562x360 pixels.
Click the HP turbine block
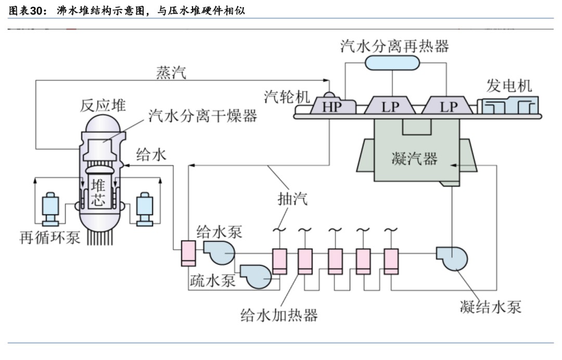[330, 107]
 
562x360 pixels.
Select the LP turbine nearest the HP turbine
[390, 107]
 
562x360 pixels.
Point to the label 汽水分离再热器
[394, 46]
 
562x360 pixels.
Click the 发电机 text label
[509, 85]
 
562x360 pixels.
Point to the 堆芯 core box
[98, 191]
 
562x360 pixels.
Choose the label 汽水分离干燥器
[203, 115]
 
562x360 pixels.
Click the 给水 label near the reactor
[151, 154]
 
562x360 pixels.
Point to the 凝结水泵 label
[491, 306]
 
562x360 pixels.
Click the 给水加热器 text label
[279, 314]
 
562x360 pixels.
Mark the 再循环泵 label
[50, 238]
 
